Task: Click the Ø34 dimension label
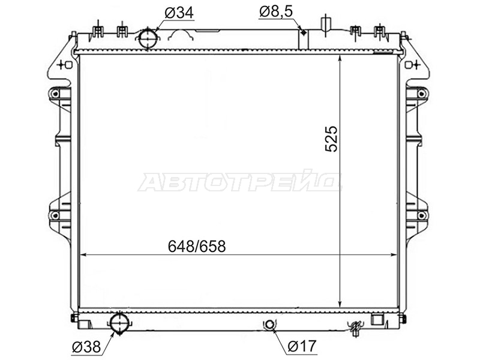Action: [179, 13]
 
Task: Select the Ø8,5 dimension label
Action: [276, 11]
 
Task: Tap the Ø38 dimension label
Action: [86, 347]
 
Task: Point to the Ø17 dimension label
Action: [302, 346]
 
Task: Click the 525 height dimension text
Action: [331, 139]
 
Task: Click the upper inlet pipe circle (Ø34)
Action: [148, 38]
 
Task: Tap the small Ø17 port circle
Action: [269, 324]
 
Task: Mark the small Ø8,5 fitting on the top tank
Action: [304, 32]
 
